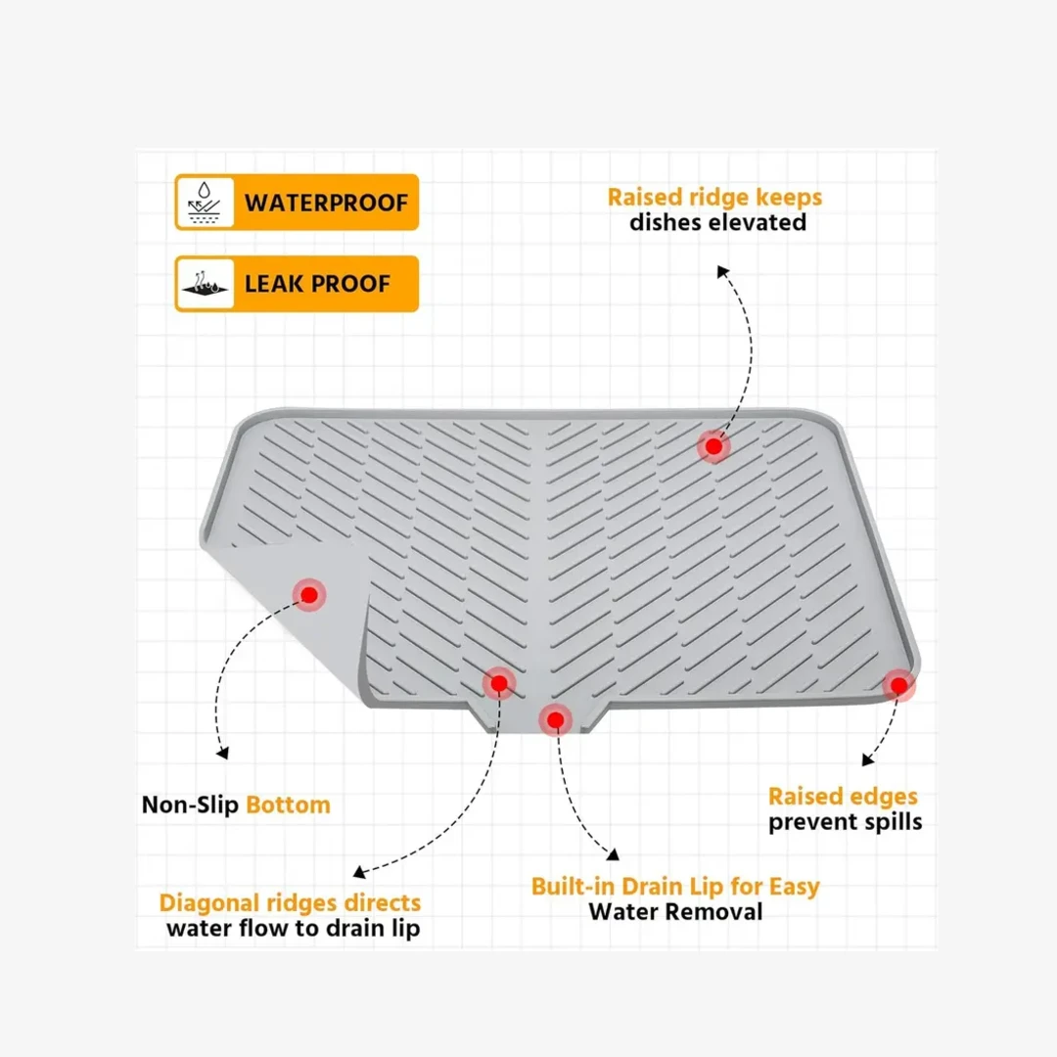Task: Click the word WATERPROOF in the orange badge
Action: click(x=326, y=203)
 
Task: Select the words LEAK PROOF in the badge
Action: click(x=317, y=284)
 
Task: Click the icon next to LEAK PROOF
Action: click(x=205, y=284)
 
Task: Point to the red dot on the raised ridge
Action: click(x=713, y=445)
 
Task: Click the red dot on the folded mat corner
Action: click(x=309, y=595)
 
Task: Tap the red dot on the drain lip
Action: click(x=556, y=720)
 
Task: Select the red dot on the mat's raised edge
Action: click(x=898, y=685)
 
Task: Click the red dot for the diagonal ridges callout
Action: click(x=499, y=683)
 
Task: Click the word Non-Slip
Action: click(x=190, y=804)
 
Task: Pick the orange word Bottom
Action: click(x=288, y=804)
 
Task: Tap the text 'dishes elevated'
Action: click(x=718, y=222)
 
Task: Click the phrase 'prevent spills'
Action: click(x=846, y=822)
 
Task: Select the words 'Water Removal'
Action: click(x=675, y=912)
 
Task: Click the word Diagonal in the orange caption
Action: click(x=209, y=903)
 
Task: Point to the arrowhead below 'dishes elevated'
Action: click(x=722, y=271)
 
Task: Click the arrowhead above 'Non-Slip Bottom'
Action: click(x=222, y=753)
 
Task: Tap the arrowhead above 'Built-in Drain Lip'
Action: click(x=613, y=854)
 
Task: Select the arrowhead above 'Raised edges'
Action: click(x=867, y=760)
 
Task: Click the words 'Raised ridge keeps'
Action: click(x=714, y=197)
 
